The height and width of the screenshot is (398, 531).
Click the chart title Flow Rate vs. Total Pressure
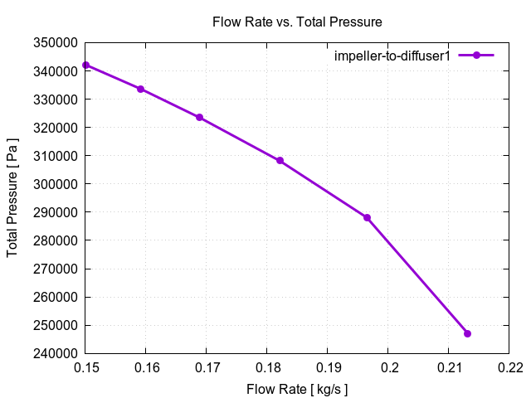[297, 22]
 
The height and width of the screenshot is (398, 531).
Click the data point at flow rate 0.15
[85, 65]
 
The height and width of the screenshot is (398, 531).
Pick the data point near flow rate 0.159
[140, 89]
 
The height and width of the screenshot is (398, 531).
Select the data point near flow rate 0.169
[199, 117]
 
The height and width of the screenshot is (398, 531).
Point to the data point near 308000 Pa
[280, 161]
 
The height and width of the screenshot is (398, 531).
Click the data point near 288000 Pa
[367, 217]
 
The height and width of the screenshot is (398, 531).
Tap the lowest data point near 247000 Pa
[467, 333]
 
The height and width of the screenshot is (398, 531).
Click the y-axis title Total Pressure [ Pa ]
[13, 197]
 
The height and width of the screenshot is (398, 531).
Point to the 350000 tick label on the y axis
[56, 42]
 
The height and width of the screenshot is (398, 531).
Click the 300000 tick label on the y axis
[56, 184]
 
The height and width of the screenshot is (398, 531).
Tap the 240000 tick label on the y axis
[56, 353]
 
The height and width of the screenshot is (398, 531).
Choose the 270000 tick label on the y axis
[56, 269]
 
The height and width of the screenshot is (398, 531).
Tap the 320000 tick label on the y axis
[56, 128]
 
